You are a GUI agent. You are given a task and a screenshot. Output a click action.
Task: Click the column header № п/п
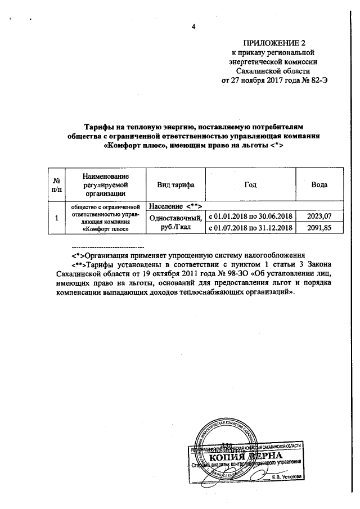click(56, 186)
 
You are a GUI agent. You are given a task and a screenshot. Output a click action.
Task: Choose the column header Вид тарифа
click(173, 185)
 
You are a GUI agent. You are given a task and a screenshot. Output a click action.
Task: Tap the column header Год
click(250, 185)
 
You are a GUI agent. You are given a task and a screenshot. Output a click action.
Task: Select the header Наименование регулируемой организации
click(105, 185)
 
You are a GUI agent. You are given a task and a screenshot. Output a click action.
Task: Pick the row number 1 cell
click(56, 218)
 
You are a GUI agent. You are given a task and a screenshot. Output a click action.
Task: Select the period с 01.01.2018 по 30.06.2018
click(250, 217)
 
